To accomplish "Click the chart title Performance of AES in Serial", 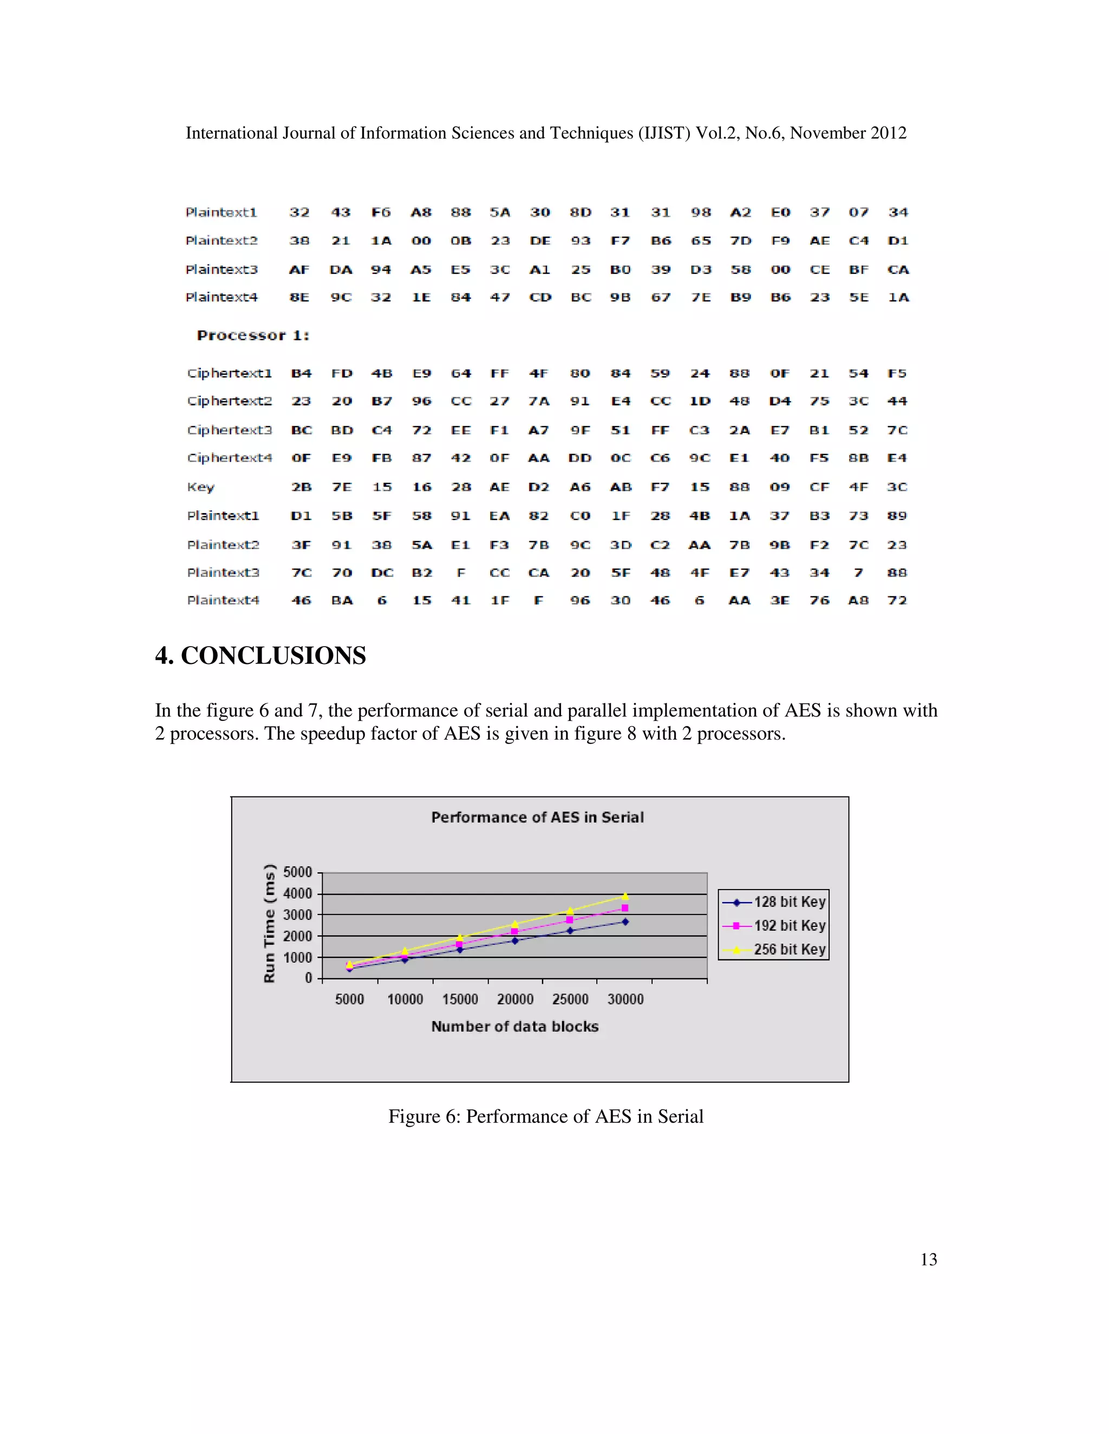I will click(537, 818).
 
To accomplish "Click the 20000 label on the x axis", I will click(515, 999).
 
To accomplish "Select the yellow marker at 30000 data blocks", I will click(625, 896).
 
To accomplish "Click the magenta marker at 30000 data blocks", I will click(625, 908).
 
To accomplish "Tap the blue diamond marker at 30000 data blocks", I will click(625, 922).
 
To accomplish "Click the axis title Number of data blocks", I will click(514, 1026).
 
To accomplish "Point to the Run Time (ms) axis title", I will click(269, 923).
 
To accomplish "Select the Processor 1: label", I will click(253, 336).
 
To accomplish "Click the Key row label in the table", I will click(200, 487).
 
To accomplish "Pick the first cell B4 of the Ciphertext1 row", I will click(301, 373).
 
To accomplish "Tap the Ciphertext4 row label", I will click(229, 458).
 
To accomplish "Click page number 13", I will click(928, 1259).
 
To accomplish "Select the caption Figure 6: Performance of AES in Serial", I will click(545, 1116).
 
